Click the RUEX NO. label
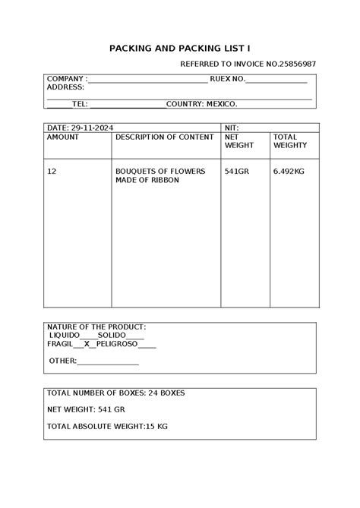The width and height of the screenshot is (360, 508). (x=226, y=79)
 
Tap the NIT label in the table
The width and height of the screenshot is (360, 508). (x=232, y=127)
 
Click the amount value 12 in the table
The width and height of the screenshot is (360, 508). (x=52, y=172)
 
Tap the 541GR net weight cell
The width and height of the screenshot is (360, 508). (x=237, y=172)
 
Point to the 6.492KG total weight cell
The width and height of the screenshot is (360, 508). (x=289, y=172)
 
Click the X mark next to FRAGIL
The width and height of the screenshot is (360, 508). (x=87, y=344)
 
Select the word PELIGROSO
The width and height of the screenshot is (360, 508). (x=117, y=344)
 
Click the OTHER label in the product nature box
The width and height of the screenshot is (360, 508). (x=62, y=361)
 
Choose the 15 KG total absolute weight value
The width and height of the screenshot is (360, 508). (x=157, y=426)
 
